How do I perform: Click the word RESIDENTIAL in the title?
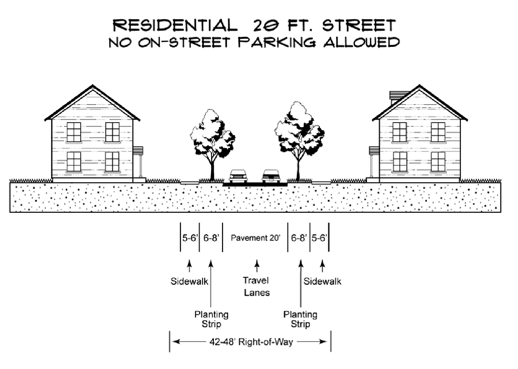pyautogui.click(x=175, y=26)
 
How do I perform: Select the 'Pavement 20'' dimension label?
pyautogui.click(x=255, y=238)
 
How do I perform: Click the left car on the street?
pyautogui.click(x=238, y=176)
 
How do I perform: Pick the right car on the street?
pyautogui.click(x=271, y=176)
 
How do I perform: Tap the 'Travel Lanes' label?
pyautogui.click(x=257, y=286)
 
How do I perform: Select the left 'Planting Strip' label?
pyautogui.click(x=211, y=319)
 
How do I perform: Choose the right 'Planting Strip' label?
pyautogui.click(x=300, y=319)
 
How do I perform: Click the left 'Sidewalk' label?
pyautogui.click(x=189, y=281)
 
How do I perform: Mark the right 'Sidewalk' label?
pyautogui.click(x=322, y=281)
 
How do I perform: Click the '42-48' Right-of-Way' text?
pyautogui.click(x=251, y=342)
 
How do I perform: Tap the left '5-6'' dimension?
pyautogui.click(x=190, y=238)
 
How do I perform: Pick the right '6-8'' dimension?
pyautogui.click(x=298, y=238)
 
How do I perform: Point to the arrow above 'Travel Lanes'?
pyautogui.click(x=257, y=266)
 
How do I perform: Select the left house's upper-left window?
pyautogui.click(x=74, y=132)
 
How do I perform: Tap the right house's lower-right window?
pyautogui.click(x=438, y=162)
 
